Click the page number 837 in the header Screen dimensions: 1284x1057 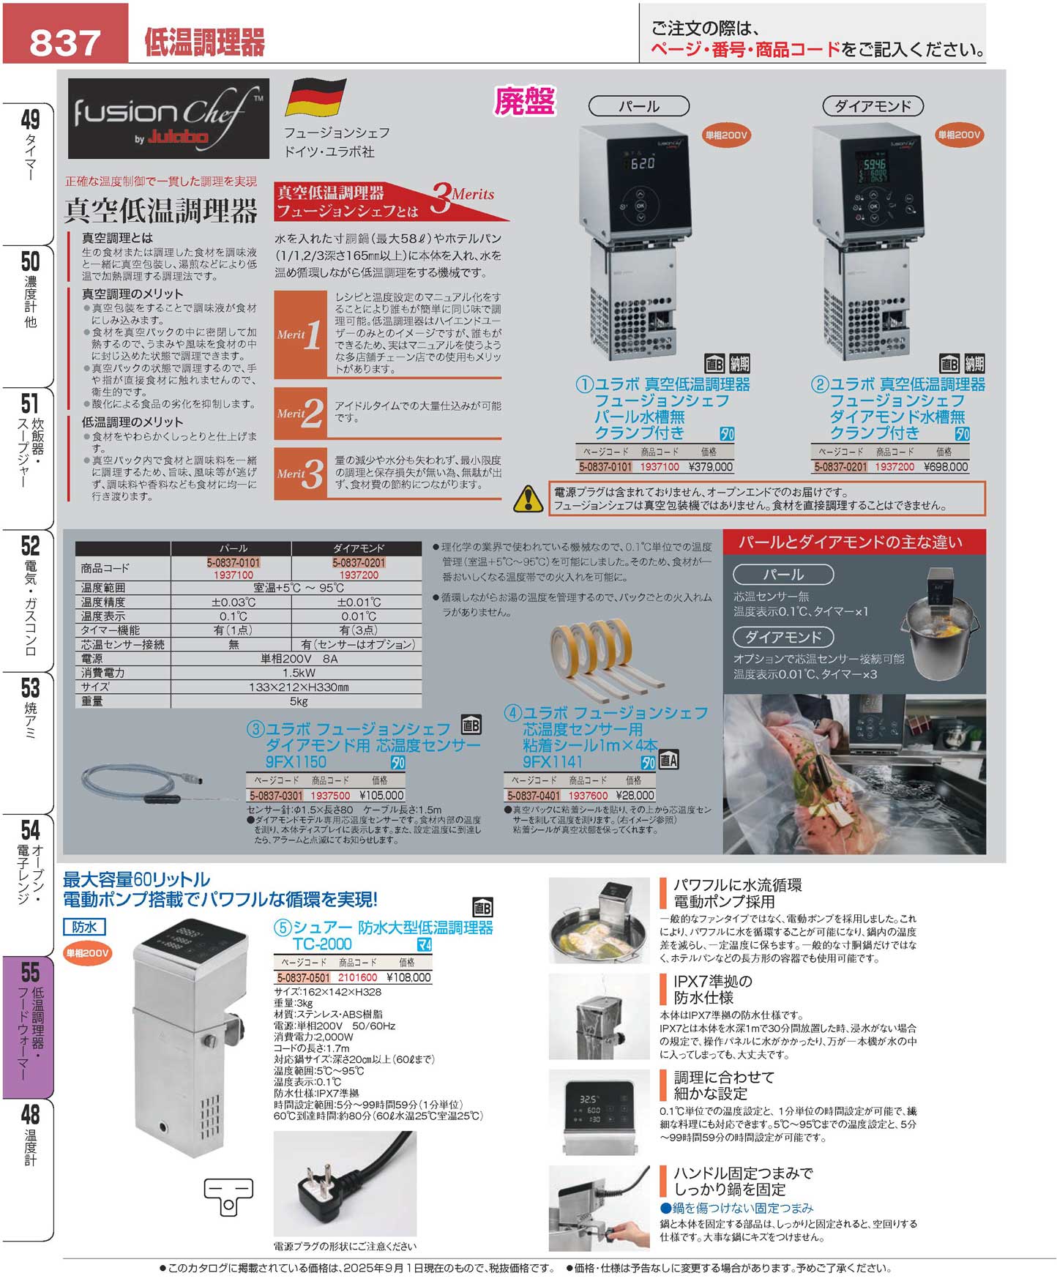tap(64, 42)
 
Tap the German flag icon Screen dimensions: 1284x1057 tap(315, 97)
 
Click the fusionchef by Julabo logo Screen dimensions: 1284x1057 tap(168, 119)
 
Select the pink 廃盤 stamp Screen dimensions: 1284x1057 tap(525, 102)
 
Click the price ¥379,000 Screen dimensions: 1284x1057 tap(710, 467)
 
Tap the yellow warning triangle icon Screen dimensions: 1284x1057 tap(528, 499)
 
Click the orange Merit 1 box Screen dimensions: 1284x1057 tap(300, 335)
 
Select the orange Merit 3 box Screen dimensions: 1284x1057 tap(300, 473)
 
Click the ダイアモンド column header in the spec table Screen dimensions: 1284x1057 tap(358, 548)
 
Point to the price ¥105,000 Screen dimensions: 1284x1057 tap(381, 795)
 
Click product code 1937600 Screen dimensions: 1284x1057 tap(588, 795)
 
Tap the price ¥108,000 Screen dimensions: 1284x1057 tap(408, 977)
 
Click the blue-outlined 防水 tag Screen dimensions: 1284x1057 tap(84, 927)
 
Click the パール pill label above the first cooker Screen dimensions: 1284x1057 tap(639, 106)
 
